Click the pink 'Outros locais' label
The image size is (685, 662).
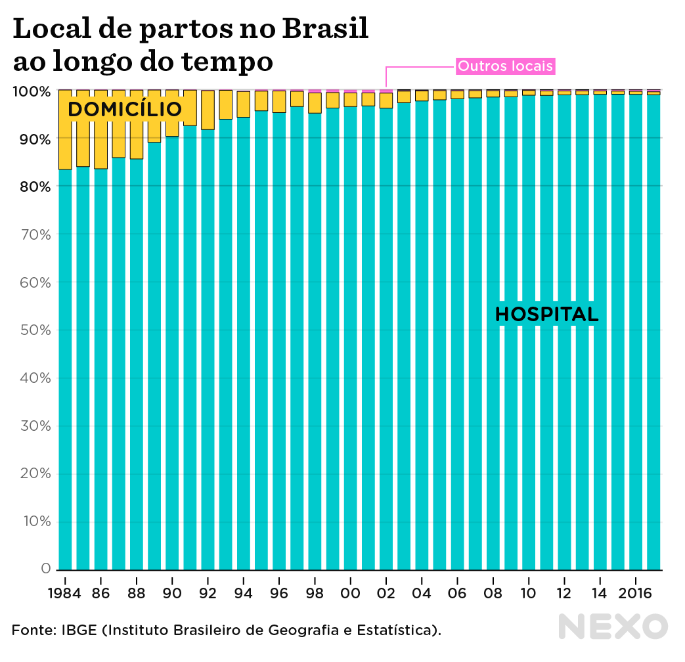click(x=505, y=66)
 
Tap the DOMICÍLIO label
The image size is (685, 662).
click(x=124, y=110)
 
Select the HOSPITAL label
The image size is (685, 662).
click(x=546, y=315)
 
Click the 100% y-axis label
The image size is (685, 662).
click(x=31, y=91)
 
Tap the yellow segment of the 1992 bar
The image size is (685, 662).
click(x=208, y=110)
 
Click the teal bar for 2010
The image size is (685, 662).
click(x=529, y=328)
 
